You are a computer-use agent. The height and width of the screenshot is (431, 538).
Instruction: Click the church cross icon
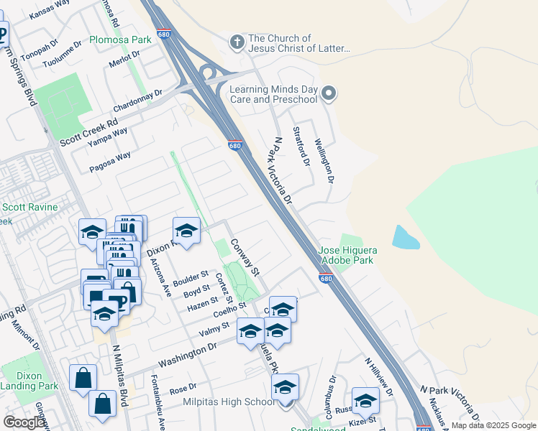(x=237, y=42)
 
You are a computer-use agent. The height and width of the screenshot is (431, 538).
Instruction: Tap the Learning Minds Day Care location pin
(x=329, y=93)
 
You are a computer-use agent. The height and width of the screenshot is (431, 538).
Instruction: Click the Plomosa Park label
(x=121, y=40)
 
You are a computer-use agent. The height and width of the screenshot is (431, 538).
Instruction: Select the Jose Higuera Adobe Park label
(x=347, y=255)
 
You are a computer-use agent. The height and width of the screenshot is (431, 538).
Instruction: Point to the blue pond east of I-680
(x=406, y=237)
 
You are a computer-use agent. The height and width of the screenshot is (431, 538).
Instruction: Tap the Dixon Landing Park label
(x=29, y=380)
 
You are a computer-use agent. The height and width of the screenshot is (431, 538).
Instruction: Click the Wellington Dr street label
(x=326, y=159)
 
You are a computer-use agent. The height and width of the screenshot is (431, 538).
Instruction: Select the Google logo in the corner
(x=24, y=422)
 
